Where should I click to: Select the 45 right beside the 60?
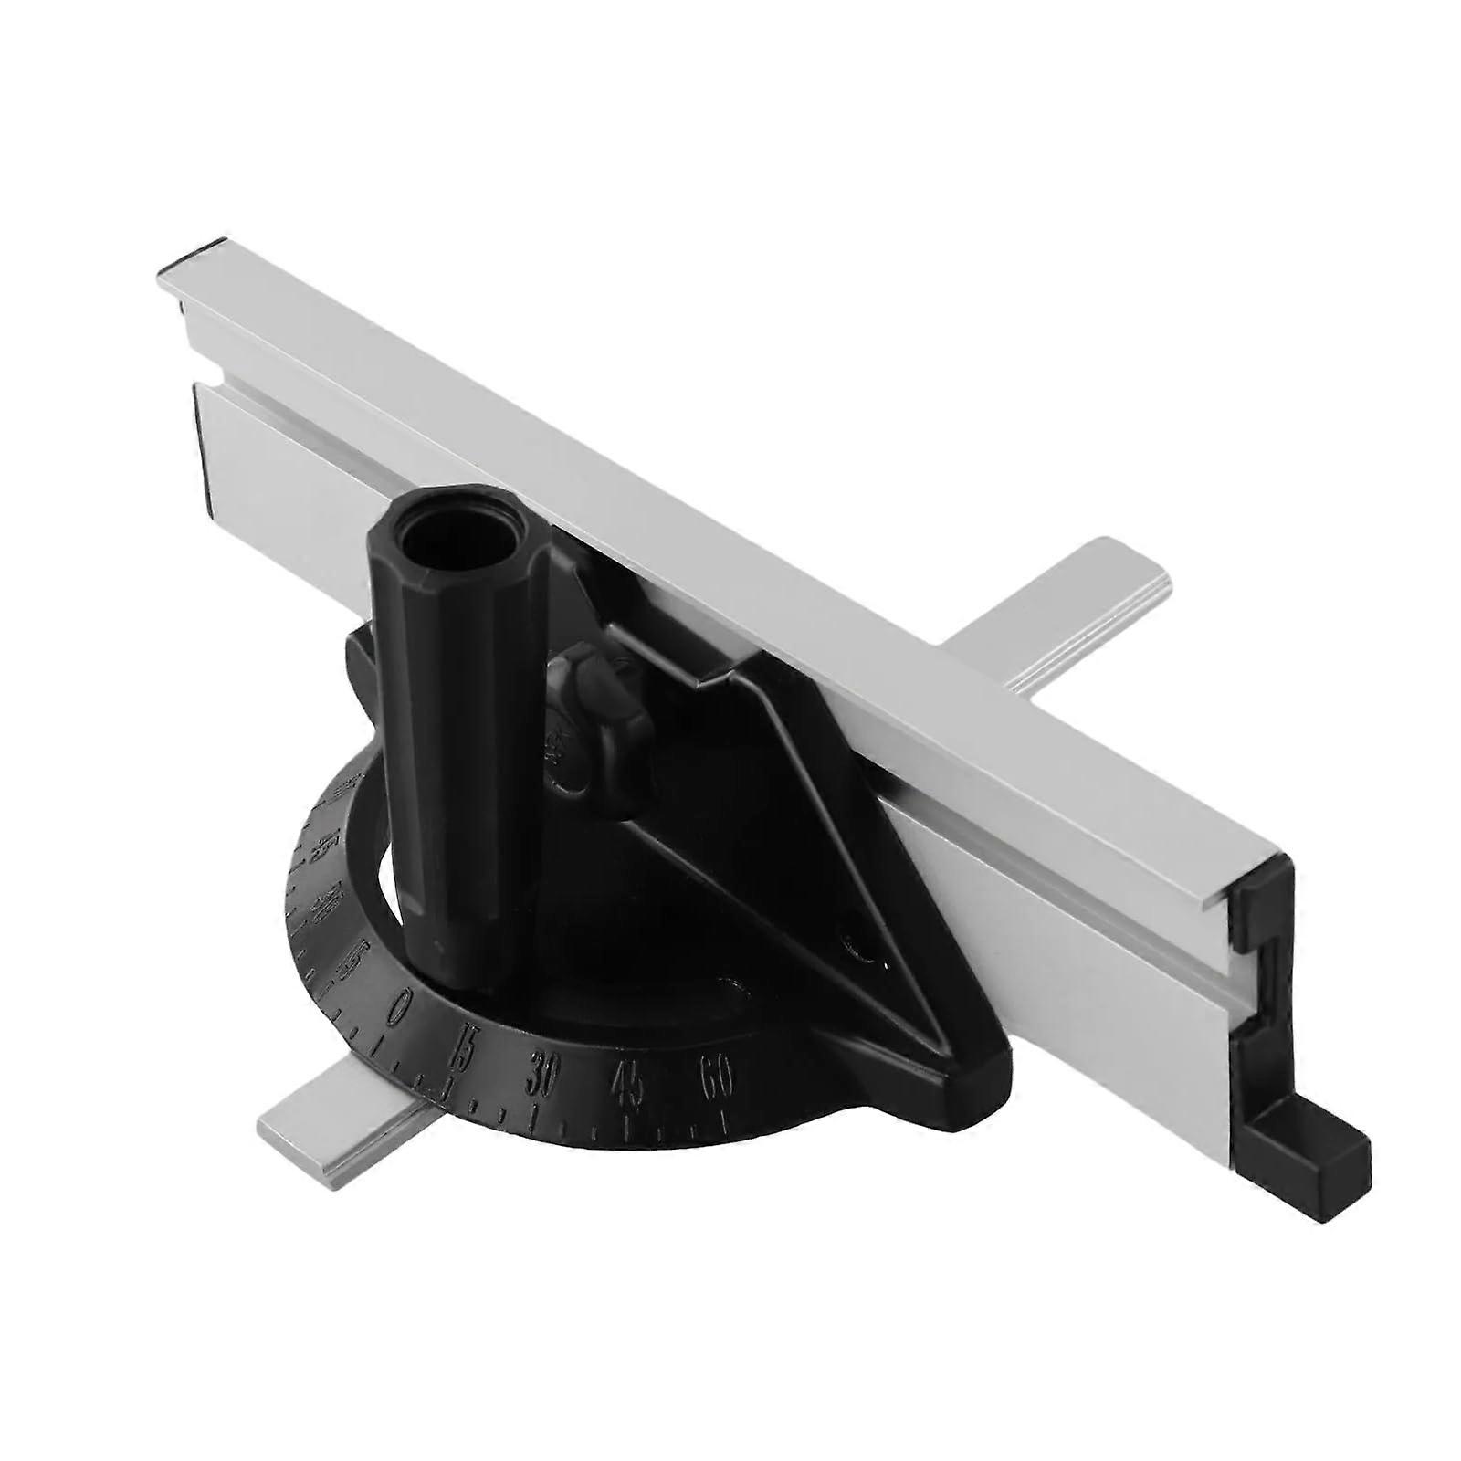click(629, 1084)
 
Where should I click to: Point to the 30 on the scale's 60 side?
click(541, 1077)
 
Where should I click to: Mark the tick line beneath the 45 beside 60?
click(627, 1125)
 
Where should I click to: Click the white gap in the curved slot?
click(388, 877)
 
